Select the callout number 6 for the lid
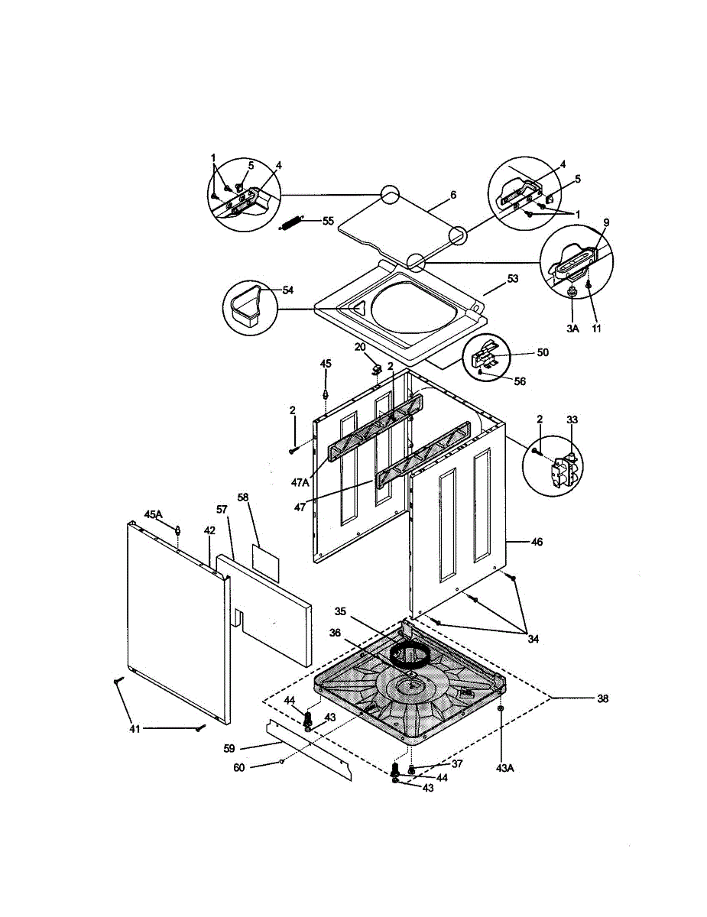[x=452, y=195]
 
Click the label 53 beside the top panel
[x=512, y=279]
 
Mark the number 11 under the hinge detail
[x=596, y=329]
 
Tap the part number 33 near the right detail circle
[x=572, y=420]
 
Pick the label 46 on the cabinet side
[x=537, y=541]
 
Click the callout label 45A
[x=154, y=514]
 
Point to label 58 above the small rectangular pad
[x=243, y=497]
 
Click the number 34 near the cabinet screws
[x=533, y=639]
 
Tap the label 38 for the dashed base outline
[x=602, y=698]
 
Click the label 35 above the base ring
[x=341, y=611]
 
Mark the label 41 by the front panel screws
[x=135, y=730]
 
